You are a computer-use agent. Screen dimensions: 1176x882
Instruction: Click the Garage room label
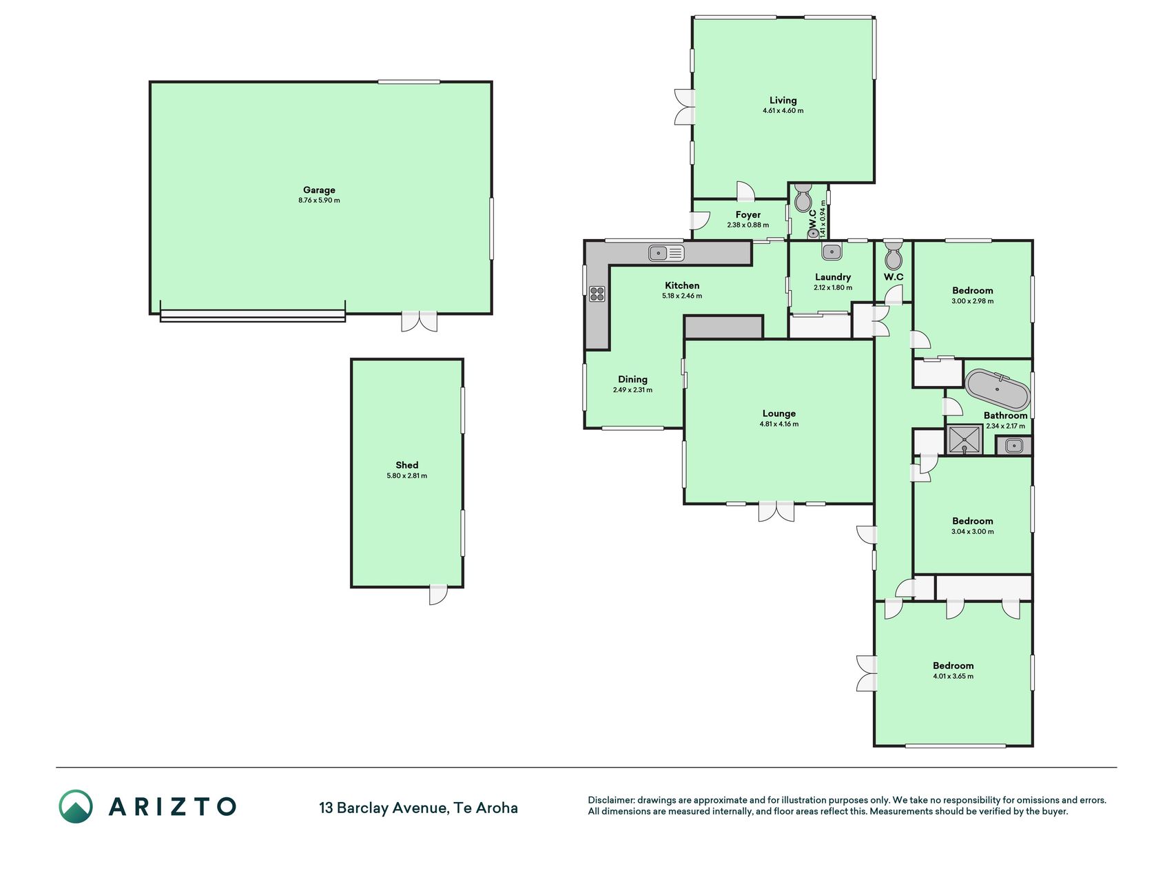[319, 190]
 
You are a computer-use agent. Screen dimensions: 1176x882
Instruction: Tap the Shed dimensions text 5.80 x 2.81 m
[407, 475]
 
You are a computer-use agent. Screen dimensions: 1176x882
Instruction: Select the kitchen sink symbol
[666, 253]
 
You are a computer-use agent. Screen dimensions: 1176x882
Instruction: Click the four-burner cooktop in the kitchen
[597, 294]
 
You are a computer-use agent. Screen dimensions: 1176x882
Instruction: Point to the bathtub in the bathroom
[997, 389]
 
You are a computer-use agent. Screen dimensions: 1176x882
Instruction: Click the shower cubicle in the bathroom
[964, 440]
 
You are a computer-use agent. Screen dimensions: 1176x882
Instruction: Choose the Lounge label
[779, 413]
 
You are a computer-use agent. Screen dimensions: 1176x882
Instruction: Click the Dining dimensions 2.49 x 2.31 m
[632, 390]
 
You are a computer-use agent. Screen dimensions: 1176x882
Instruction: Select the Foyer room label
[748, 215]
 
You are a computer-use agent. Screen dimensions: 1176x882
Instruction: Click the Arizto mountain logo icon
[75, 806]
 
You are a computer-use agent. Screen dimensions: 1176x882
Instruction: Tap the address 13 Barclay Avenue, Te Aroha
[418, 808]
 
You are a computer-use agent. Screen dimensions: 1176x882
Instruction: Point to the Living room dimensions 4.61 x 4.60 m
[783, 110]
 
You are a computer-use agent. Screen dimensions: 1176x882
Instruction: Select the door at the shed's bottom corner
[437, 595]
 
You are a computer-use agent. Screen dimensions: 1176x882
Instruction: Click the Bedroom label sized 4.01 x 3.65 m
[953, 666]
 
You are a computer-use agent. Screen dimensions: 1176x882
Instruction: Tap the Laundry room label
[833, 277]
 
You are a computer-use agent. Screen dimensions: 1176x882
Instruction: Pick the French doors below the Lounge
[776, 511]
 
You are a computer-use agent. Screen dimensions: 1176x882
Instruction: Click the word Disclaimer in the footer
[610, 800]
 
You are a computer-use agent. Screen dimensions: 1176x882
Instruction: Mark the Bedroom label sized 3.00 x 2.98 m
[973, 291]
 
